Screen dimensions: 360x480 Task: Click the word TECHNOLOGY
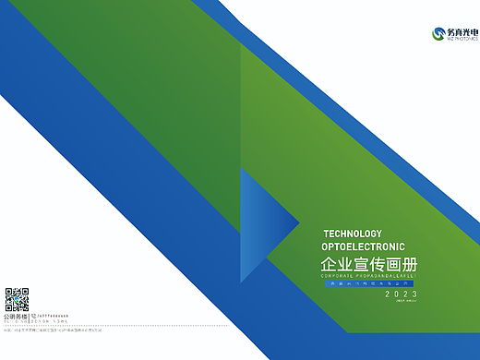point(352,234)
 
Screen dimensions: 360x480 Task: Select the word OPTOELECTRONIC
point(363,247)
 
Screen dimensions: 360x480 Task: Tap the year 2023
point(394,294)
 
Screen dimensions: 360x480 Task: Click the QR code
point(18,300)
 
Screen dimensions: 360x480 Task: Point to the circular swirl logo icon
point(439,34)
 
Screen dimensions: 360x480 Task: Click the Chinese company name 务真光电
point(461,31)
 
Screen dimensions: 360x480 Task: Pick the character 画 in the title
point(390,264)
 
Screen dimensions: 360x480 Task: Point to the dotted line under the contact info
point(55,326)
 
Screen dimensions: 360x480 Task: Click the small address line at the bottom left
point(55,330)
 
